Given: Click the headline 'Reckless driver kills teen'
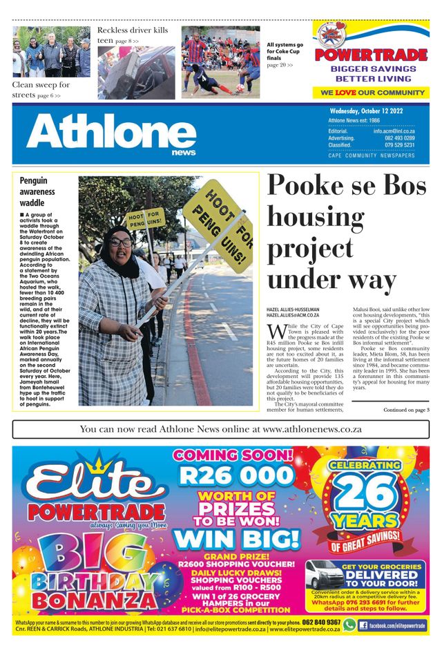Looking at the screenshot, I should (132, 35).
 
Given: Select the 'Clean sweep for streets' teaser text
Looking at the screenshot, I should (41, 89).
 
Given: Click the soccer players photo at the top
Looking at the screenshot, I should (220, 62).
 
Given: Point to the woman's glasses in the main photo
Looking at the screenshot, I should (119, 243).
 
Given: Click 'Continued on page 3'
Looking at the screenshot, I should (406, 410).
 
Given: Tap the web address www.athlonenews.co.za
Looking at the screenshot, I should (312, 429).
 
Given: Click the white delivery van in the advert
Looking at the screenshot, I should (325, 575).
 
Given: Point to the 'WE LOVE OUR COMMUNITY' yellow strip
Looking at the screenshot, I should (371, 92).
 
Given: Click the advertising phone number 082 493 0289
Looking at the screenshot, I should (399, 138).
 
